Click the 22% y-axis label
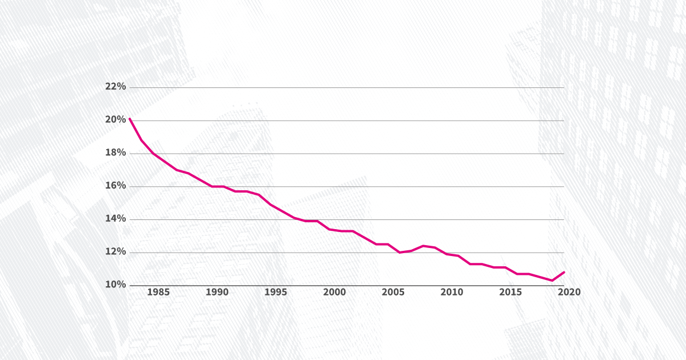pos(115,87)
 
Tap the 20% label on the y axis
pos(115,120)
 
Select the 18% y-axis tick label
pos(115,153)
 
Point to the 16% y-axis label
pos(115,186)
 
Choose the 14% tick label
pos(115,219)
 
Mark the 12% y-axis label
pos(115,252)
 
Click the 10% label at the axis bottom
pos(115,285)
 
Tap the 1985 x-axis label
pos(158,293)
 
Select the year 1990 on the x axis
pos(217,293)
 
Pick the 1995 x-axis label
pos(276,293)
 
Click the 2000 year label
pos(334,293)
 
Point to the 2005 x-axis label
pos(393,293)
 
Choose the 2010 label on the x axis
pos(452,293)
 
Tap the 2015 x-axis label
pos(510,293)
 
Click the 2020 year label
pos(569,293)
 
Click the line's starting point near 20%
pos(130,119)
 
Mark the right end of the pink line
pos(564,272)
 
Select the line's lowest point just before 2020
pos(552,281)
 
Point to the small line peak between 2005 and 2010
pos(423,246)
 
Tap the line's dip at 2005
pos(400,253)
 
